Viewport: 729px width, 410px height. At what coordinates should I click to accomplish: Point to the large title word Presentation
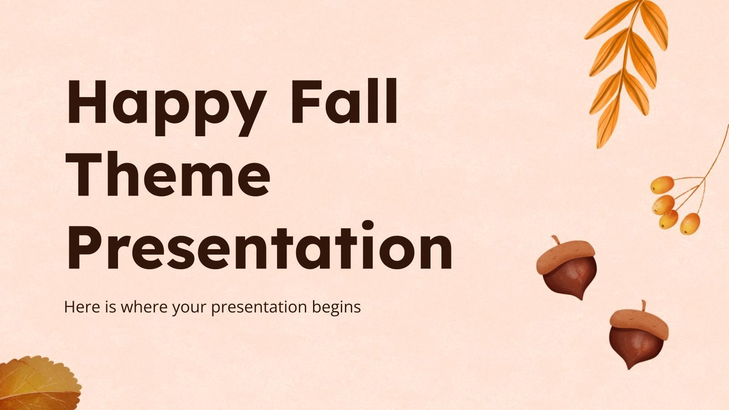[260, 246]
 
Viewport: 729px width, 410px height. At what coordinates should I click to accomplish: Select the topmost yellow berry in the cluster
[662, 185]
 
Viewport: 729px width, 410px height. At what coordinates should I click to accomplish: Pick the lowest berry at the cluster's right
[690, 223]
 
